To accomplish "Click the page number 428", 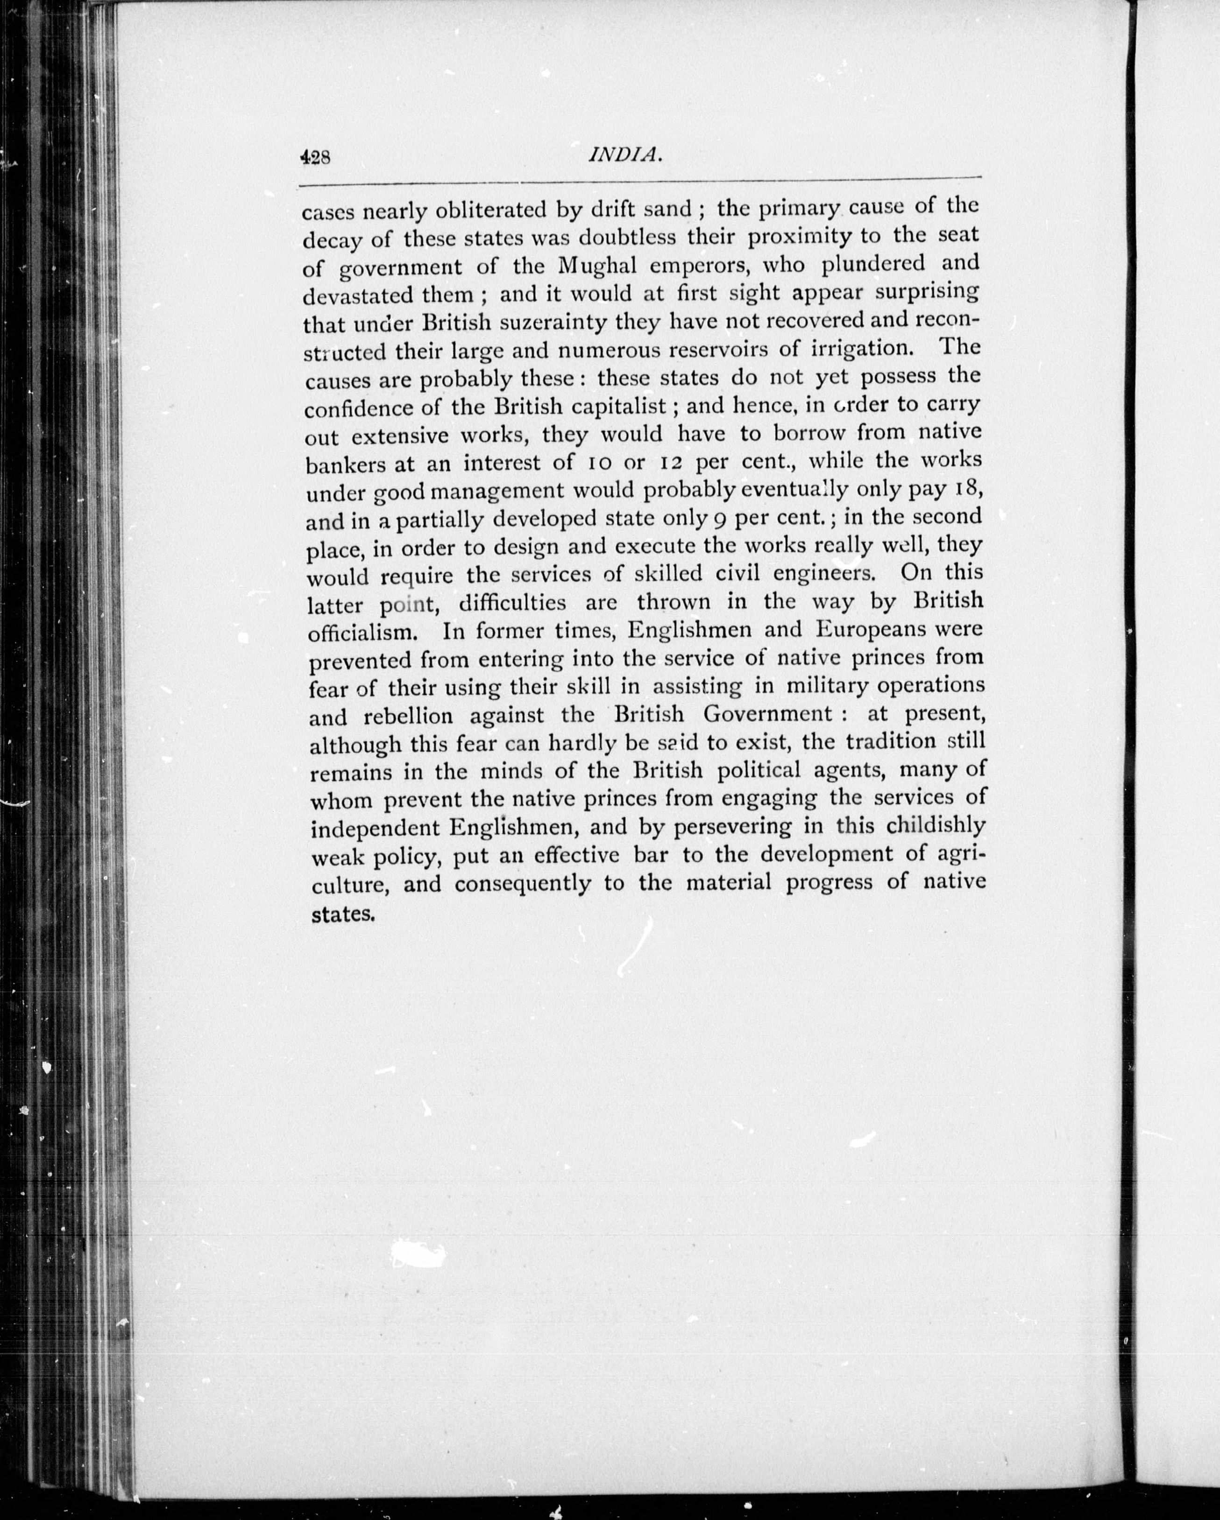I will point(315,157).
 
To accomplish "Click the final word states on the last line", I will point(341,915).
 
